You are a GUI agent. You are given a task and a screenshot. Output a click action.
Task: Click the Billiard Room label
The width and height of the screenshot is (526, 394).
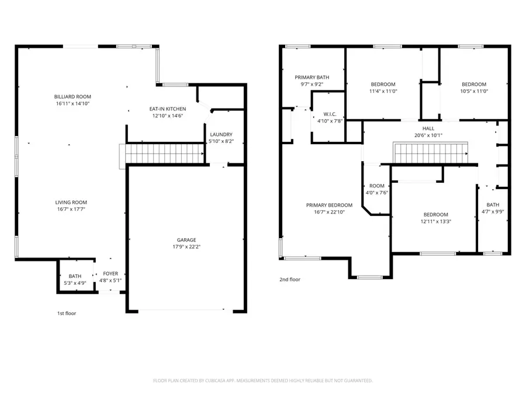click(72, 97)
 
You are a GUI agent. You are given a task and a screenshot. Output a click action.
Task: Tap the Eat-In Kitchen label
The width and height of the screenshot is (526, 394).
click(167, 109)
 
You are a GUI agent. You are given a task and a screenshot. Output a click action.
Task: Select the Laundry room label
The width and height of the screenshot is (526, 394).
click(222, 134)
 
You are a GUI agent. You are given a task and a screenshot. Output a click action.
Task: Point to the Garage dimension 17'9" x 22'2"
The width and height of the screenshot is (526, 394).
click(186, 247)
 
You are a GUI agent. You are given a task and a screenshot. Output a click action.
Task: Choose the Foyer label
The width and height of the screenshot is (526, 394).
click(110, 273)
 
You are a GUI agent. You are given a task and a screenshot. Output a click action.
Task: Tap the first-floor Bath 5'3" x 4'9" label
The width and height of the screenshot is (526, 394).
click(75, 276)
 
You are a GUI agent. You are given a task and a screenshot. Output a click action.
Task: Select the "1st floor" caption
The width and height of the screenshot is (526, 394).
click(67, 313)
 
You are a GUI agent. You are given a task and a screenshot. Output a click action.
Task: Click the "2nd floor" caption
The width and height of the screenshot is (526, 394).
click(290, 280)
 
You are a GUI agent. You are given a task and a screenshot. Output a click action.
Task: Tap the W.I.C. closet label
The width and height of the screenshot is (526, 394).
click(329, 114)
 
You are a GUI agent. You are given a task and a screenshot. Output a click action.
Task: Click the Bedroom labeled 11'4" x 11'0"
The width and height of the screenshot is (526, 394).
click(383, 84)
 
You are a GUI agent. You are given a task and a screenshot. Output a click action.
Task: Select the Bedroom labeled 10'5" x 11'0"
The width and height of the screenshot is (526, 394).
click(473, 84)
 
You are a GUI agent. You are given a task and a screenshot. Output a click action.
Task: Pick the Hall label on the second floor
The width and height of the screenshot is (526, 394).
click(428, 128)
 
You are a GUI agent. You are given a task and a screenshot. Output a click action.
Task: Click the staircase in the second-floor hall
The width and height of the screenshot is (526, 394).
click(431, 154)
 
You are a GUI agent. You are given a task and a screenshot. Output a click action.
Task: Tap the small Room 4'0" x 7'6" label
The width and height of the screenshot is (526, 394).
click(376, 186)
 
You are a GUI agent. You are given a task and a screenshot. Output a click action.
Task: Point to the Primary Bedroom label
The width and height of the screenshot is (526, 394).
click(330, 205)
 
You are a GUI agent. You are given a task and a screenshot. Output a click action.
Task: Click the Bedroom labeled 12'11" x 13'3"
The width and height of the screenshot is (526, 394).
click(435, 215)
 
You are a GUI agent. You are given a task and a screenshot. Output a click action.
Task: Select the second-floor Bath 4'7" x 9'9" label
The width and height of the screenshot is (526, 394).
click(493, 205)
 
